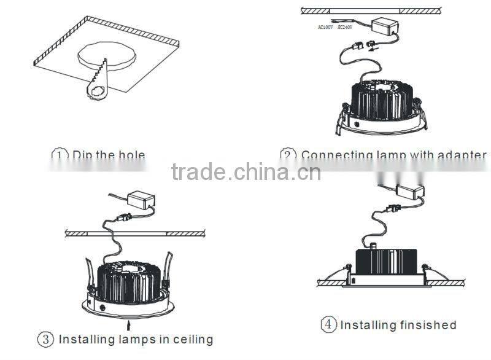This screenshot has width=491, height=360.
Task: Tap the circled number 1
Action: click(59, 155)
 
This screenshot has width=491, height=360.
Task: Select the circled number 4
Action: click(330, 324)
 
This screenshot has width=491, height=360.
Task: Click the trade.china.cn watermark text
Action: click(245, 172)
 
